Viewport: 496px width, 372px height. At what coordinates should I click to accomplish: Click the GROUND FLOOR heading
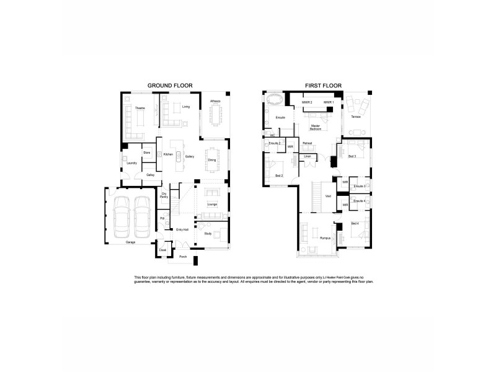(x=169, y=85)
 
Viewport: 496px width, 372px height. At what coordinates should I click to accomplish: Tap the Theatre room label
(x=140, y=108)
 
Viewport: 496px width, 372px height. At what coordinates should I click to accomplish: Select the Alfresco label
(x=215, y=100)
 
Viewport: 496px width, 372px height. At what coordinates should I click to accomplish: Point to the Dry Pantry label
(x=164, y=195)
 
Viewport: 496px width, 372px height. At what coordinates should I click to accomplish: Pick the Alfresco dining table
(x=215, y=115)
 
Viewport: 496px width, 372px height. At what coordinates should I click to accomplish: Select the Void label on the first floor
(x=328, y=197)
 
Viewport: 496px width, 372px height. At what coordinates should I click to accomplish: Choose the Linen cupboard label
(x=308, y=156)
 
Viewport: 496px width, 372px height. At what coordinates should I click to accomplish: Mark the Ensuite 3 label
(x=360, y=186)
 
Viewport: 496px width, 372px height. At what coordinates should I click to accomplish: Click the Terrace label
(x=355, y=117)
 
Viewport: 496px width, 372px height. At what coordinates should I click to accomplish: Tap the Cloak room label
(x=162, y=250)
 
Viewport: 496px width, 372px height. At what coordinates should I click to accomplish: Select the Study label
(x=208, y=234)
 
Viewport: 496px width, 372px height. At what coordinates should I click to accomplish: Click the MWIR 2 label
(x=306, y=102)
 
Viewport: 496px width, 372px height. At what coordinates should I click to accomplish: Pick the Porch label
(x=183, y=256)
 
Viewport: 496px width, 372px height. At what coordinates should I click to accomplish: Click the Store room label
(x=147, y=152)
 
